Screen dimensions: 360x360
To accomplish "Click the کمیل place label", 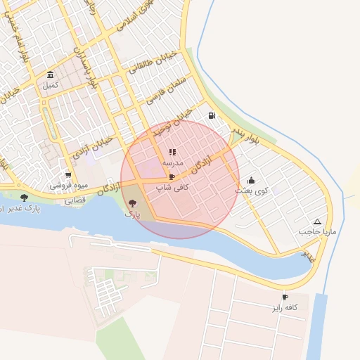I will (50, 86).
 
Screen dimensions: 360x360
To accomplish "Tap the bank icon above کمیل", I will (50, 75).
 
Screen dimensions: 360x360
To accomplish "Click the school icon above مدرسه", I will (172, 152).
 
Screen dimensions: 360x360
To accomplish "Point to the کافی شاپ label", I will (172, 188).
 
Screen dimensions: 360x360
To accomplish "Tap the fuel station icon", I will (212, 115).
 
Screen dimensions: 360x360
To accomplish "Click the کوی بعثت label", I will (252, 191).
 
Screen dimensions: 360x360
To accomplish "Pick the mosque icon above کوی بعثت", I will (252, 181).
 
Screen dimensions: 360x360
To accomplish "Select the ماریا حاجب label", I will (316, 231).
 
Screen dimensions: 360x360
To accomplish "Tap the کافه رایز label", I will (285, 308).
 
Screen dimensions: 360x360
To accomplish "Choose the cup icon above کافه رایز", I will (285, 297).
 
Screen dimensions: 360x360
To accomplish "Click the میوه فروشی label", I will (68, 186).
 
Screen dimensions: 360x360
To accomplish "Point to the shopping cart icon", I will (68, 175).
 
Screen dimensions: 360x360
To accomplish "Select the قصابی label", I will (75, 200).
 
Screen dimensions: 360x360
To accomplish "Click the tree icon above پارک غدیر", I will (25, 198).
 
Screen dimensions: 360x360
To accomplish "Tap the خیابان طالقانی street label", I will (153, 64).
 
